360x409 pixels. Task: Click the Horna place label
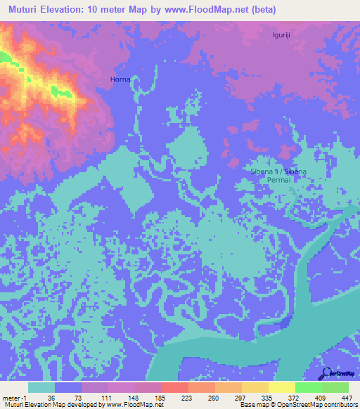[120, 79]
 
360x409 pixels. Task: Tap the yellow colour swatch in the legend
[281, 387]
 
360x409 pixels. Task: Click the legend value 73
[68, 397]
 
